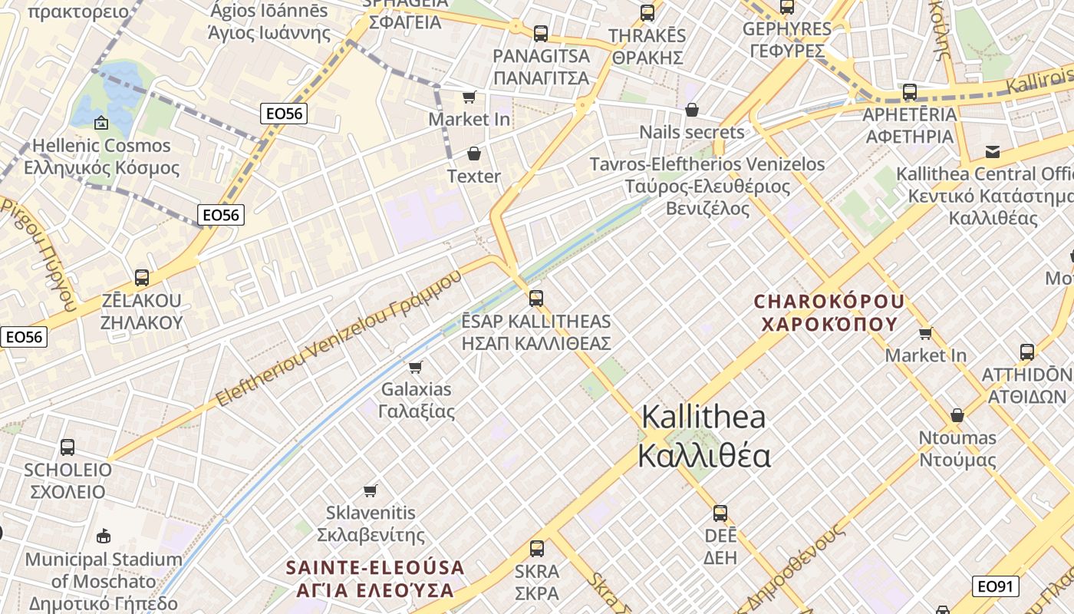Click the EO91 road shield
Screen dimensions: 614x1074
pyautogui.click(x=996, y=587)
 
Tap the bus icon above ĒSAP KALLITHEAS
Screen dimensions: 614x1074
pyautogui.click(x=536, y=298)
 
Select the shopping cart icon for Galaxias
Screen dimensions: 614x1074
pyautogui.click(x=416, y=367)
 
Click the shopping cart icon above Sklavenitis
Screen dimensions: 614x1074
pyautogui.click(x=371, y=490)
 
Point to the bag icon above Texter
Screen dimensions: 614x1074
pyautogui.click(x=474, y=153)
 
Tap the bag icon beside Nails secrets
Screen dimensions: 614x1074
pyautogui.click(x=692, y=110)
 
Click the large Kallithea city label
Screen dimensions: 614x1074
pyautogui.click(x=704, y=436)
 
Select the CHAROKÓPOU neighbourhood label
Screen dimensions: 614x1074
pyautogui.click(x=829, y=312)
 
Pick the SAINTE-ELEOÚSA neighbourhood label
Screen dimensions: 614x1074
pyautogui.click(x=375, y=579)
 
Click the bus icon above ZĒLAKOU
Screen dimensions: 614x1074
pyautogui.click(x=142, y=277)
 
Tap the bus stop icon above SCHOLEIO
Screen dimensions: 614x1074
pyautogui.click(x=68, y=447)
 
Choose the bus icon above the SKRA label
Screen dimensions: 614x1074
pyautogui.click(x=537, y=549)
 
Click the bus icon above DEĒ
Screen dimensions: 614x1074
pyautogui.click(x=720, y=513)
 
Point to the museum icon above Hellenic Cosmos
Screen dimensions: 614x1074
pyautogui.click(x=101, y=123)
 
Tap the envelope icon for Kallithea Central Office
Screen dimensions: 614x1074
pyautogui.click(x=993, y=151)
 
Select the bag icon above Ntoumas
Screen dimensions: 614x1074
pyautogui.click(x=957, y=415)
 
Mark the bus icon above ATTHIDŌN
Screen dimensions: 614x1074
pyautogui.click(x=1027, y=352)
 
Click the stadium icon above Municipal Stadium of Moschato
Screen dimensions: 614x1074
pyautogui.click(x=104, y=536)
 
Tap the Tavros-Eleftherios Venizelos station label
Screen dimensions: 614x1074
pyautogui.click(x=707, y=186)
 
